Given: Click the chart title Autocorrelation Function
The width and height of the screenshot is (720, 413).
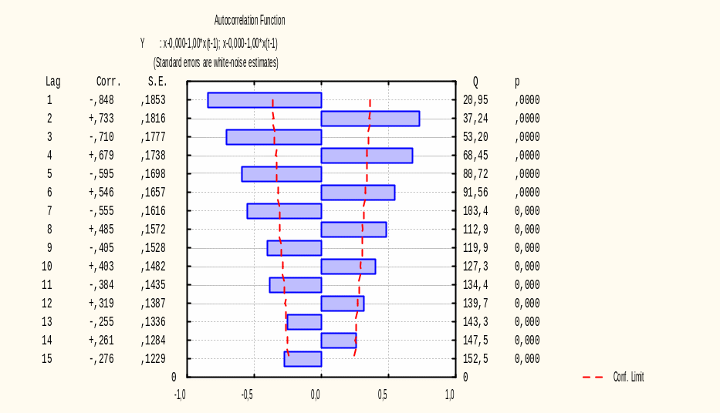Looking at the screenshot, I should point(249,21).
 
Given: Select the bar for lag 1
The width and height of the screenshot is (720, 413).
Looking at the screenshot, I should point(264,100).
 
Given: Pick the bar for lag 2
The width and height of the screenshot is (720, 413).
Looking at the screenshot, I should point(370,119).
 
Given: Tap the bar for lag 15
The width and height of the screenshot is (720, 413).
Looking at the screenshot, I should point(303,359).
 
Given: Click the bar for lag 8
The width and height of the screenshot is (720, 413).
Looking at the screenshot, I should point(353,230).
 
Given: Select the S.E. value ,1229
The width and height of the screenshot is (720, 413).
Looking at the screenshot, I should point(153,359).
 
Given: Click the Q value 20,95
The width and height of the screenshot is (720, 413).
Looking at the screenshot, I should point(475,100).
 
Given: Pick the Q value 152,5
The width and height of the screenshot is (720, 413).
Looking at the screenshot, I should point(475,359).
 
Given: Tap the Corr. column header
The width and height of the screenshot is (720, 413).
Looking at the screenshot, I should point(109,82).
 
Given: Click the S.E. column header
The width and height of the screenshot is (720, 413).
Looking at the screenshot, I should point(157,82).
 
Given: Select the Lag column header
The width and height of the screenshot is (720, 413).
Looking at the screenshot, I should point(52,82).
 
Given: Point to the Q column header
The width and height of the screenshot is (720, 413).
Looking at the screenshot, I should point(475,82).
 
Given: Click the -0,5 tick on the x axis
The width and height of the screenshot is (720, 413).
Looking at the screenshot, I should point(247,395).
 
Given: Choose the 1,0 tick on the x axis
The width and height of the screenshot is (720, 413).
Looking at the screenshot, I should point(450,395).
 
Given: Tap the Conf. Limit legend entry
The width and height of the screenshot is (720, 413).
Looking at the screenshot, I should point(628,378).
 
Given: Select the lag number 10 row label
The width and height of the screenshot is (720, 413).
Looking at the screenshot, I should point(47,267).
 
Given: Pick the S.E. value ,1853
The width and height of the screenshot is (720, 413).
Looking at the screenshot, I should point(153,100).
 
